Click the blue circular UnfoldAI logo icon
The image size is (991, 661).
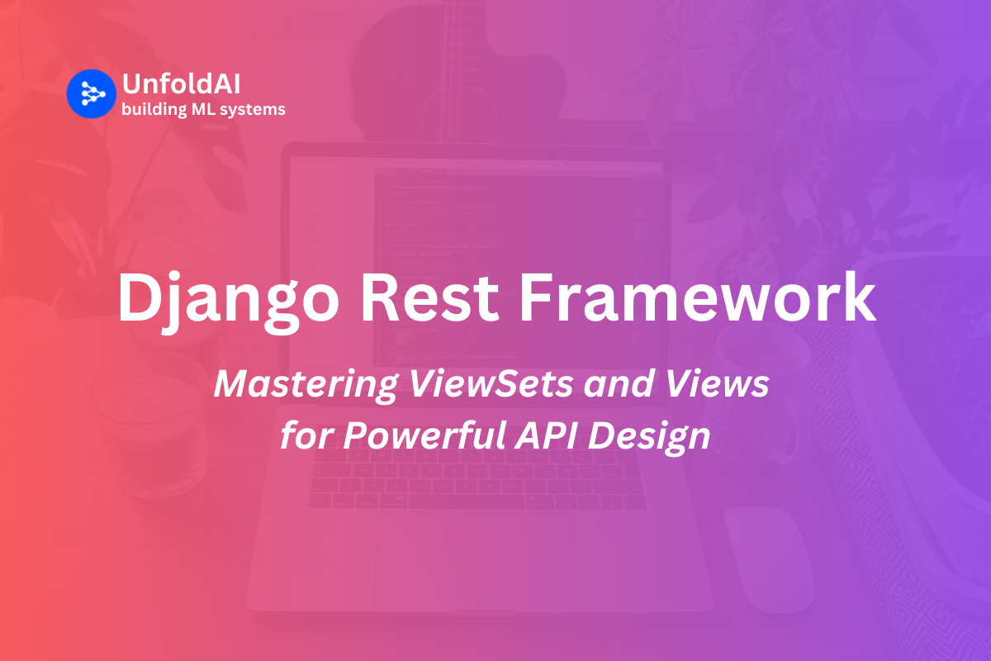[x=92, y=94]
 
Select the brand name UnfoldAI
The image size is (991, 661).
[x=182, y=83]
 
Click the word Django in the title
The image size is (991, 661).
[x=228, y=301]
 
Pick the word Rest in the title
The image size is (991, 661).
[x=430, y=298]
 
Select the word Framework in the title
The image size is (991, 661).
[x=697, y=297]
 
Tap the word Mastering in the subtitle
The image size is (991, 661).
[x=306, y=385]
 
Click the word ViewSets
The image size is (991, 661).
[x=491, y=383]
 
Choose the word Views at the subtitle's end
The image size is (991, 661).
[x=717, y=383]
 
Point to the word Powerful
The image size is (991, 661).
[x=424, y=435]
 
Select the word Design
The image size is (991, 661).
[x=649, y=437]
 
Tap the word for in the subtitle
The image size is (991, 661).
[x=307, y=435]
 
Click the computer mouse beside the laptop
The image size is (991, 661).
[x=770, y=559]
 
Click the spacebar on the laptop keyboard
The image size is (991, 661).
[x=467, y=502]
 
